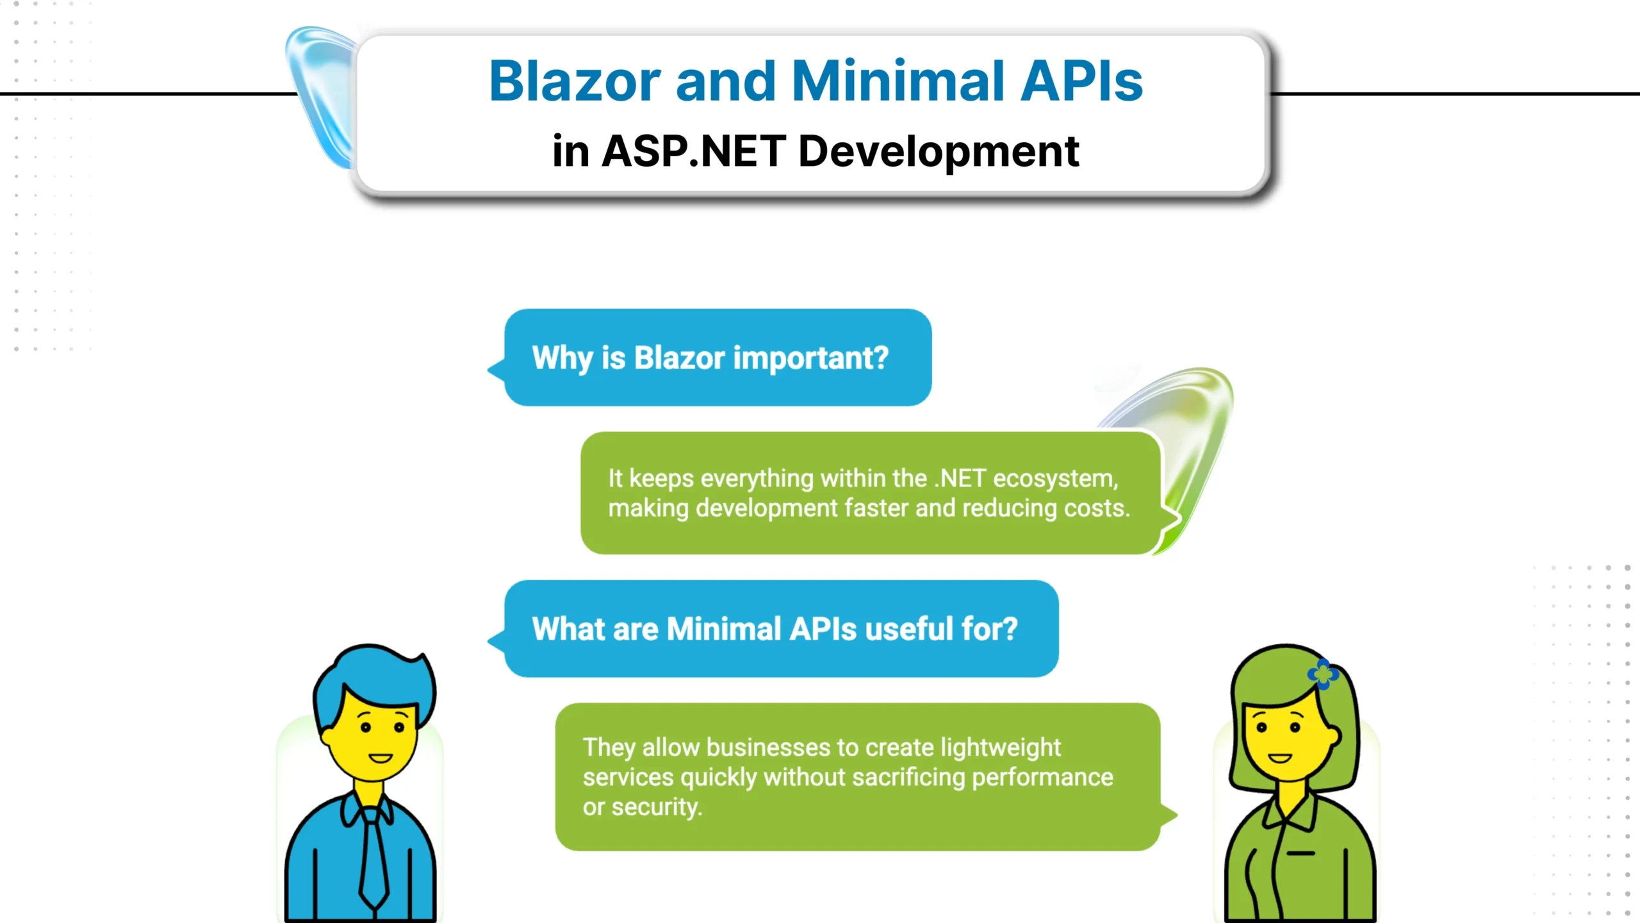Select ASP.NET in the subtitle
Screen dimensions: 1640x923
(694, 151)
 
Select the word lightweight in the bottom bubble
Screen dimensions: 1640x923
(1000, 748)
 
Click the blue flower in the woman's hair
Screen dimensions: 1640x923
(1324, 674)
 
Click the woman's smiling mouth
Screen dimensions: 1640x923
(1280, 758)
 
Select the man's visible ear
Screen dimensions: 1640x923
(327, 737)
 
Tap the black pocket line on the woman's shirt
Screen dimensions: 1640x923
(1300, 853)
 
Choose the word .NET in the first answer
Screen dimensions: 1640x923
(960, 479)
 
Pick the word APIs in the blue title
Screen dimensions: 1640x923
(1082, 81)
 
